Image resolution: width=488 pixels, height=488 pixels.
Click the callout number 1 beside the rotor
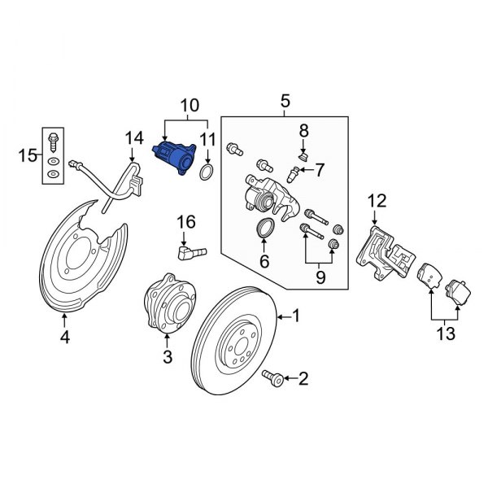pos(296,316)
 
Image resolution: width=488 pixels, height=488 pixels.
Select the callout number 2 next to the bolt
pos(303,377)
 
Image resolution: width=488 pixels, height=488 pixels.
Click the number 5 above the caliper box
pos(285,101)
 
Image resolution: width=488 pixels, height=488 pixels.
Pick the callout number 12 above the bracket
pos(376,199)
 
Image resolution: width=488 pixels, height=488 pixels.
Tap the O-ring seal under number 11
pos(207,172)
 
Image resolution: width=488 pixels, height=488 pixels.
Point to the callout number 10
pos(189,106)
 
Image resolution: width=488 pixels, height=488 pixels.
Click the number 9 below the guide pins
pos(319,277)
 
